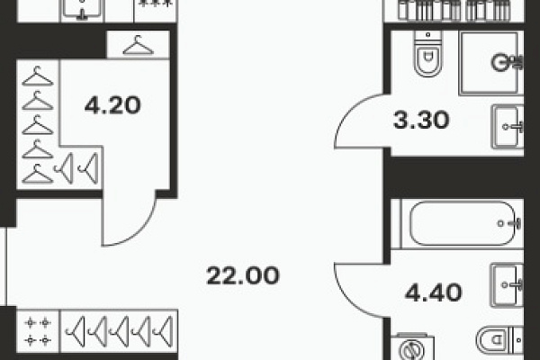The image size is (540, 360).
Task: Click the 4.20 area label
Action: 112,105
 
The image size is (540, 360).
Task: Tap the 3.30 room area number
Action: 421,121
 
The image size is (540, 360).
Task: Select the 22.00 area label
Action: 243,275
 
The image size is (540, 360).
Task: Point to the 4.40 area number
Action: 433,292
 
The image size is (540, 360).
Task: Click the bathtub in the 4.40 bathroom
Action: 463,223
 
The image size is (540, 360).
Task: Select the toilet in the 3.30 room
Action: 428,53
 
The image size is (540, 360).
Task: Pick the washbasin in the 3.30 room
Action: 508,127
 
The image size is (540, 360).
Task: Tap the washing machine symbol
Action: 412,347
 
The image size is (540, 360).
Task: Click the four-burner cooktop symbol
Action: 38,331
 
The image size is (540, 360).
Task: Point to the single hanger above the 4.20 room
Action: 138,45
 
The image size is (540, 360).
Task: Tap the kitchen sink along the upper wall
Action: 82,10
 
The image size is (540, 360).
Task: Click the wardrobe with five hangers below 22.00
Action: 119,331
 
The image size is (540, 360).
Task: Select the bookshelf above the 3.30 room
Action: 454,10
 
